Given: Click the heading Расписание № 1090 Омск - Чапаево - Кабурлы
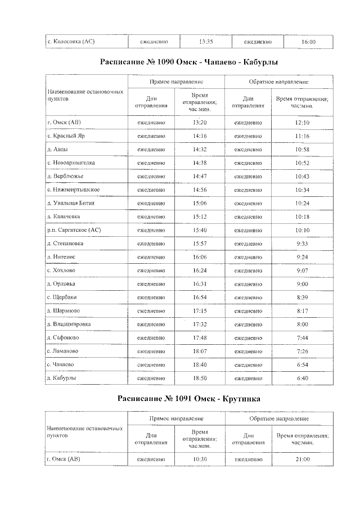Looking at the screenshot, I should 189,62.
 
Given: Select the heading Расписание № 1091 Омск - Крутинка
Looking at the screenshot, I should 189,398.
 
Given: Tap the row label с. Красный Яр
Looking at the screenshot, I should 65,136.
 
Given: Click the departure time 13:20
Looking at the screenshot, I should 200,123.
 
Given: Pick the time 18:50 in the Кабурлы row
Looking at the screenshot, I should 200,379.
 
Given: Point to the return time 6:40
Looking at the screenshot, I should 302,379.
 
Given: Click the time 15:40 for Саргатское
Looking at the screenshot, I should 200,230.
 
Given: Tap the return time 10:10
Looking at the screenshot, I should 302,230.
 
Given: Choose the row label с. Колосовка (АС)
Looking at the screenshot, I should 71,42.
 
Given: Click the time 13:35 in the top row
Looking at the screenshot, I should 206,42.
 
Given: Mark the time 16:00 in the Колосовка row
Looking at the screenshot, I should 308,42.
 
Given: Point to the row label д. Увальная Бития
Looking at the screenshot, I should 71,203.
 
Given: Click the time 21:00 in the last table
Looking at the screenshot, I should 302,460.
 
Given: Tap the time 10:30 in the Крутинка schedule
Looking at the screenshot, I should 200,460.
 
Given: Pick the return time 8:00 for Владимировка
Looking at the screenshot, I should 302,325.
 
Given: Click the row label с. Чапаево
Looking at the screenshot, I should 61,365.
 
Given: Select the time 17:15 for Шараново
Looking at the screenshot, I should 200,311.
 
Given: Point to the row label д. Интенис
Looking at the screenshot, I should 61,257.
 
